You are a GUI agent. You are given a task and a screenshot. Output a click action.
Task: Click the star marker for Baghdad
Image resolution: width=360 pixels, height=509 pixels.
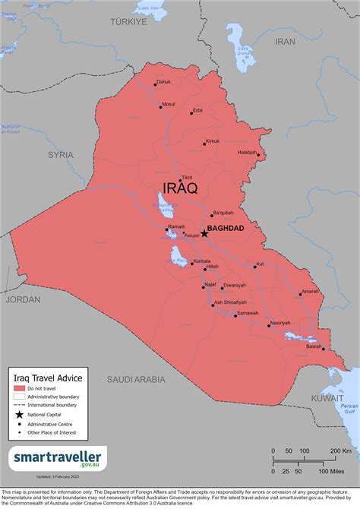tap(204, 233)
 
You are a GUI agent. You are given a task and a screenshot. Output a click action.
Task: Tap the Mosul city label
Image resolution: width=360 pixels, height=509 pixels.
tap(169, 104)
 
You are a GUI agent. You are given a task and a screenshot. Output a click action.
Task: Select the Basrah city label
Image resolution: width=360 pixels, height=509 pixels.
tap(313, 346)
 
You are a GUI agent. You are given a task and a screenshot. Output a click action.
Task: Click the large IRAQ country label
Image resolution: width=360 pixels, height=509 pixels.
tap(180, 188)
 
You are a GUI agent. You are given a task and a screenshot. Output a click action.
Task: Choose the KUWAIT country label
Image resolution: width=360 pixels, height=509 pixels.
tap(327, 397)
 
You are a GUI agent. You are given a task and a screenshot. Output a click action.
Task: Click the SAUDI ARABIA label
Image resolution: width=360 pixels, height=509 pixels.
tap(136, 378)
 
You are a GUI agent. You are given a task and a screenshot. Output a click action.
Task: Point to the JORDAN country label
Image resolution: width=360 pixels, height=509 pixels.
tap(23, 299)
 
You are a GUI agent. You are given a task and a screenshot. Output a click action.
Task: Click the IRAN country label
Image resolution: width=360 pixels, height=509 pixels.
tap(285, 41)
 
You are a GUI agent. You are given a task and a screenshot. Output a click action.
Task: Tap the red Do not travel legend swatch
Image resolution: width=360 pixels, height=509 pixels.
tap(19, 389)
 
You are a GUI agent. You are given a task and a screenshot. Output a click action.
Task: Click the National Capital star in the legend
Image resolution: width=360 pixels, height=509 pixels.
tap(19, 415)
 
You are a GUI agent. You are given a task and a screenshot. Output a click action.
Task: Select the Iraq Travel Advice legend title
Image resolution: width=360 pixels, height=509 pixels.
tap(49, 376)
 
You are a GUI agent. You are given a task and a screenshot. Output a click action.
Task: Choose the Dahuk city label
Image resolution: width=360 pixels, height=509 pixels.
tap(163, 82)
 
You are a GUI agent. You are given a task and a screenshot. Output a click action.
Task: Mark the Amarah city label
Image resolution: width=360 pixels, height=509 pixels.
tap(310, 291)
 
